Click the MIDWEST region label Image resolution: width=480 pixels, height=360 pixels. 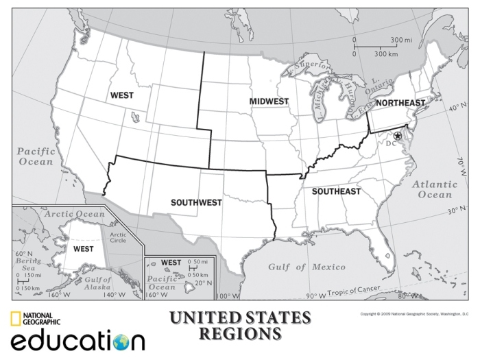[269, 101]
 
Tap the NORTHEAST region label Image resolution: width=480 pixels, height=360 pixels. [400, 103]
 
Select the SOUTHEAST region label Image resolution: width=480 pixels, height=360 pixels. [336, 191]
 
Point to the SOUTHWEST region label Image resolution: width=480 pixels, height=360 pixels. [196, 202]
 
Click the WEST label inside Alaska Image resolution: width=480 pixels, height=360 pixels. [84, 249]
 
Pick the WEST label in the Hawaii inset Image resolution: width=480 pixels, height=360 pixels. [171, 263]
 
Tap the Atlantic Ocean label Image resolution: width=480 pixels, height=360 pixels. [435, 190]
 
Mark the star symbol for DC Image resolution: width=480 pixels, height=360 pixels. [397, 136]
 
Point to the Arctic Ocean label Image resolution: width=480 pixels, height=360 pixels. [75, 215]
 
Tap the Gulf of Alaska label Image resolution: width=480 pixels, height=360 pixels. [99, 283]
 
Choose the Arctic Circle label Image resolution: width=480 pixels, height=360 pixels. [118, 237]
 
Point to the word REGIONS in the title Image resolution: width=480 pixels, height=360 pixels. [240, 334]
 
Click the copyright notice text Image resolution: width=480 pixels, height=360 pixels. [414, 314]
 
